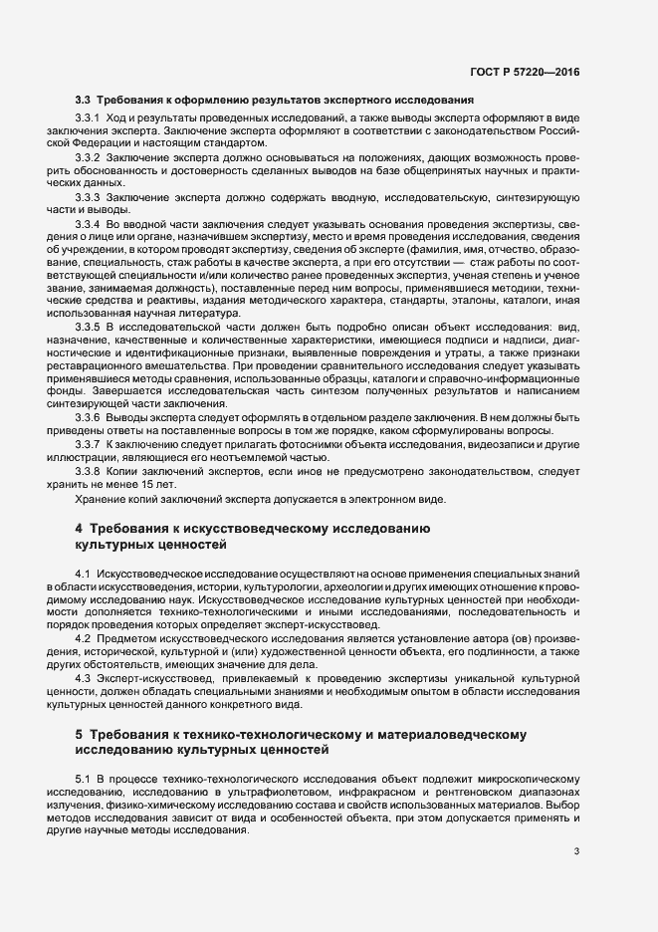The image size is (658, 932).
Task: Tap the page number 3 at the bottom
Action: pos(577,851)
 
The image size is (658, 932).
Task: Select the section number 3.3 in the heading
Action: pos(84,100)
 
